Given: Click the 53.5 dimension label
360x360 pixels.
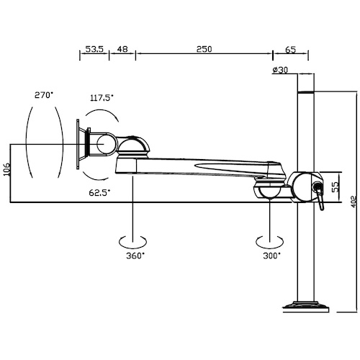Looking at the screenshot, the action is click(94, 49).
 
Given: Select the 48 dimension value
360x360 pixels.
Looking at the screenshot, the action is click(122, 49).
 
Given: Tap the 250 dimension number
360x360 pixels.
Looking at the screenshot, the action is click(204, 49).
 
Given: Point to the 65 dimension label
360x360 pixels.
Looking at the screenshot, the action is click(291, 50).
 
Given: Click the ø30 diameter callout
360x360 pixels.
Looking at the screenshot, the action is click(280, 70).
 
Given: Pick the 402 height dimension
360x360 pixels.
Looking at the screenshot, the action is click(354, 202).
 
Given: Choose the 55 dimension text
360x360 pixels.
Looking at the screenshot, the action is click(336, 186).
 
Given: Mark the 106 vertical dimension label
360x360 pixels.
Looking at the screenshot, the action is click(6, 169).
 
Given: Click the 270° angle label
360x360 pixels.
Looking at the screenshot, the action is click(43, 95).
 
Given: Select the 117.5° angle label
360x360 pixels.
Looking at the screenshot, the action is click(102, 98).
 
